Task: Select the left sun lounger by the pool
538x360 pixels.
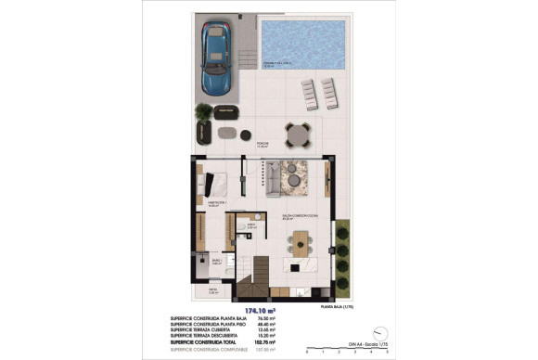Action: [x=309, y=95]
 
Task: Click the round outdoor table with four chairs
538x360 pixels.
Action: [x=295, y=136]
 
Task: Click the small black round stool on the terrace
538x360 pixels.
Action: [x=246, y=135]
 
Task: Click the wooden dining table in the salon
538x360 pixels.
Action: [x=301, y=244]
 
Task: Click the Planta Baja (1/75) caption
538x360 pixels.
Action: [x=339, y=305]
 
